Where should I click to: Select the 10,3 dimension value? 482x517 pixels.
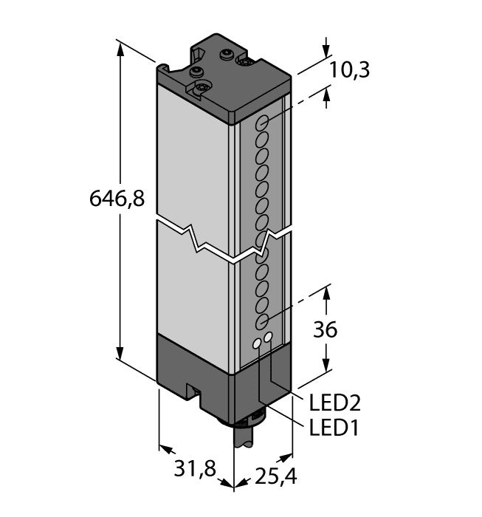(349, 70)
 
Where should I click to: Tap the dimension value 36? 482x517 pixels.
(325, 329)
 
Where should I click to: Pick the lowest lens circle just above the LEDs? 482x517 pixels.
(261, 322)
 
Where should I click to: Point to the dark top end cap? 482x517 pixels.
(221, 78)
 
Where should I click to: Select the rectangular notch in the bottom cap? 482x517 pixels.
(194, 392)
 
